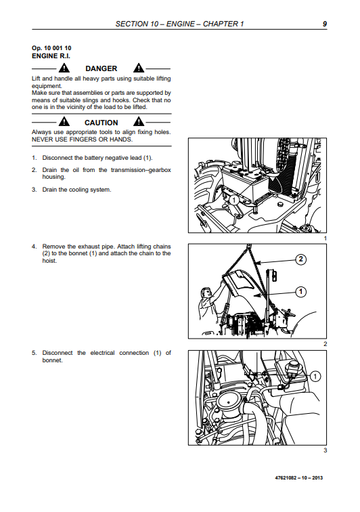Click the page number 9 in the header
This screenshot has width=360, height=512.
tap(324, 24)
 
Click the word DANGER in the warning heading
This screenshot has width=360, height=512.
tap(102, 68)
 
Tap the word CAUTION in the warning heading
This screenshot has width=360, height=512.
tap(102, 123)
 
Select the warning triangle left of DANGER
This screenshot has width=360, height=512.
tap(64, 68)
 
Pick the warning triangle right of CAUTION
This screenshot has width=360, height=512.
tap(139, 122)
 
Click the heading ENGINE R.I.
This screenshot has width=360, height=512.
tap(51, 56)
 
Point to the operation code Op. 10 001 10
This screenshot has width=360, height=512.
tap(51, 48)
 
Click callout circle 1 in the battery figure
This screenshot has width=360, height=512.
tap(234, 200)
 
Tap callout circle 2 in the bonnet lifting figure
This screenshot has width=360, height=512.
tap(300, 259)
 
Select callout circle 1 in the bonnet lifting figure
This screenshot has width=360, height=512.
tap(300, 292)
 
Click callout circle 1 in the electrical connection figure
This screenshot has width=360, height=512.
tap(315, 377)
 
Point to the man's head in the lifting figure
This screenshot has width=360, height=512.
tap(206, 293)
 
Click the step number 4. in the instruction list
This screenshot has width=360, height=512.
tap(35, 247)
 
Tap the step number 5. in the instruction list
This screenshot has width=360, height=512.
tap(35, 353)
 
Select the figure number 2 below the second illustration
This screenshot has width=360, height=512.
tap(325, 344)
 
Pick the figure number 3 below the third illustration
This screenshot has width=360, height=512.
tap(325, 450)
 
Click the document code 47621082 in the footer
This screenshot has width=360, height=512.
tap(286, 477)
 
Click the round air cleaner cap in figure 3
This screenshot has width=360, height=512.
tap(229, 402)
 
